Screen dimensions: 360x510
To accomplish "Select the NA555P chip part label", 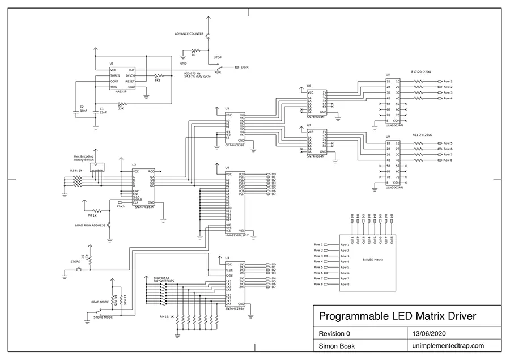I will pos(123,91).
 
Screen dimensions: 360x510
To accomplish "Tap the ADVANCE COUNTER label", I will pos(189,34).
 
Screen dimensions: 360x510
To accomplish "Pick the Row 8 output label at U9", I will pos(448,160).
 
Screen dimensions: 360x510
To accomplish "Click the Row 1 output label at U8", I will pos(448,81).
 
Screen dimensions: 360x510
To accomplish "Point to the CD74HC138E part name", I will pos(235,145).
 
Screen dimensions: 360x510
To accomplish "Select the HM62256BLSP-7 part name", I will pos(236,235).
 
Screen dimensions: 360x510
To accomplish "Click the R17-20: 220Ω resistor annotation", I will pos(421,72).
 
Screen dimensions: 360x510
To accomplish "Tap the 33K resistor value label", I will pos(121,108).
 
